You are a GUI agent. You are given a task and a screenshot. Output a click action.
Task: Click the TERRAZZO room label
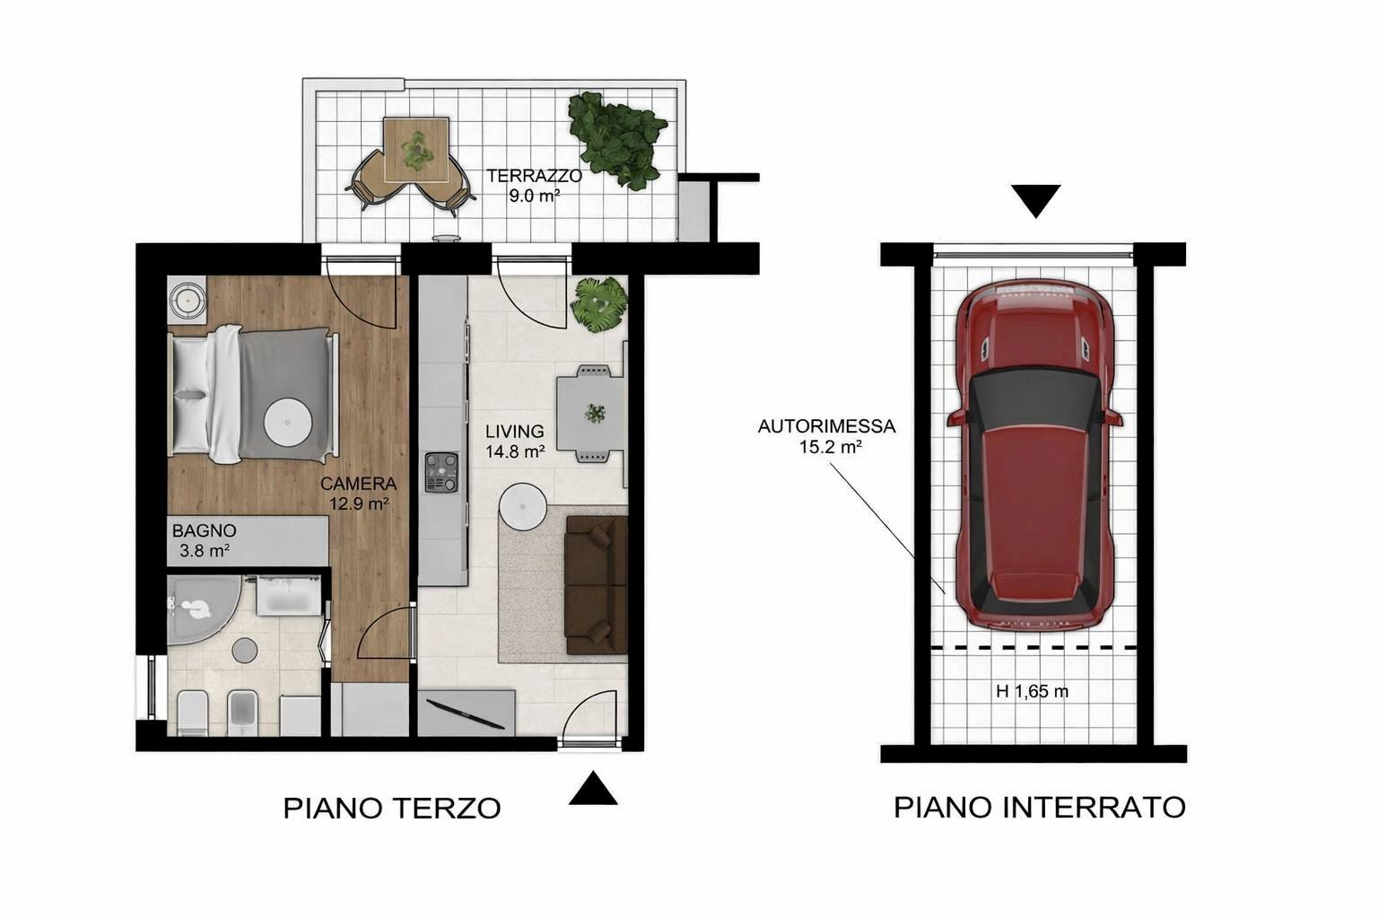[535, 176]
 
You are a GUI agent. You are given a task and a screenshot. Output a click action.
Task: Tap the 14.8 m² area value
[515, 452]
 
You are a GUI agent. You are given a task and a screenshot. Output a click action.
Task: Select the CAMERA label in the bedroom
[359, 484]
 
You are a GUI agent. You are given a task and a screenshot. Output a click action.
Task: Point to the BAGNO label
[205, 530]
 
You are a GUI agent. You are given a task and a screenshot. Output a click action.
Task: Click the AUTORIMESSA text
[826, 427]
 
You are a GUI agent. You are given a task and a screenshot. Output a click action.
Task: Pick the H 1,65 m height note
[1032, 692]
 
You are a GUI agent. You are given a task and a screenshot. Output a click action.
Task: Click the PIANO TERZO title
[392, 808]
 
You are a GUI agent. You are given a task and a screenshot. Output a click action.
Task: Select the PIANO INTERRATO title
[1039, 807]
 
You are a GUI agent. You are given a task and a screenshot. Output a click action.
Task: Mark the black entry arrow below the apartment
[593, 789]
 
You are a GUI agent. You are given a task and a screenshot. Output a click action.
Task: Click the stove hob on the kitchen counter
[441, 472]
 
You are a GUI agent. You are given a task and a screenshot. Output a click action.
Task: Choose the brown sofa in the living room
[596, 584]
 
